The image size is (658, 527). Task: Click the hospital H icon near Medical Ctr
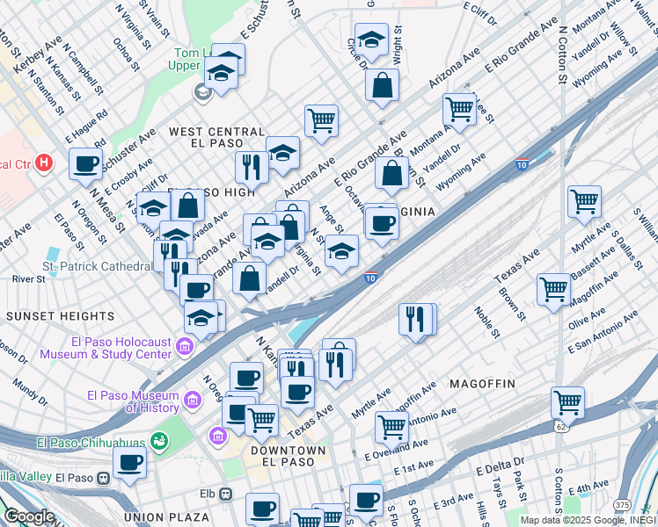(46, 162)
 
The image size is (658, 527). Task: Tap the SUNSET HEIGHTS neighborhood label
(60, 315)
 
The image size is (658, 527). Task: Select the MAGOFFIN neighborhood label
(488, 384)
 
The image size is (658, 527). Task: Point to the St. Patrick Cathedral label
(96, 266)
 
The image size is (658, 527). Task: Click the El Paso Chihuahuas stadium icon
(159, 440)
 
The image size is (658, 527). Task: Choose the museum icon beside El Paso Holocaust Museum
(184, 348)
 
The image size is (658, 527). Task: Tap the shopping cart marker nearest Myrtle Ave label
(584, 203)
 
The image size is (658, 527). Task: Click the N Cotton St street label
(561, 53)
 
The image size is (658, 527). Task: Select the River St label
(29, 278)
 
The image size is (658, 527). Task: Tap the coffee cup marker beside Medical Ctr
(86, 163)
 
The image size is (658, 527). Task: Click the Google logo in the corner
(28, 516)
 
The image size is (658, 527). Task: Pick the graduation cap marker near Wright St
(372, 41)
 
